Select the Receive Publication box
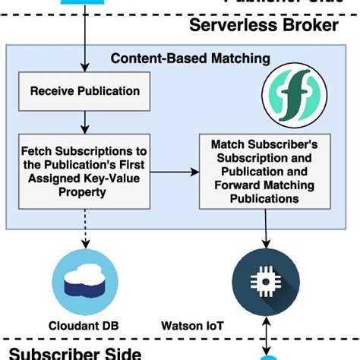point(84,91)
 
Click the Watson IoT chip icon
point(266,278)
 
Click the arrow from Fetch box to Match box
point(173,172)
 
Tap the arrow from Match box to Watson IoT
point(266,227)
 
